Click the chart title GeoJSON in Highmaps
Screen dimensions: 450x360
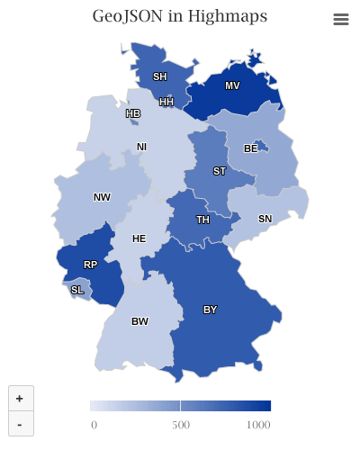coord(180,17)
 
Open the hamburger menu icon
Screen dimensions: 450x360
coord(340,20)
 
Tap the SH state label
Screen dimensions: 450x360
coord(159,76)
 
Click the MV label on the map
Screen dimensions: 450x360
coord(232,86)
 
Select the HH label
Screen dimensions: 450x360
coord(166,103)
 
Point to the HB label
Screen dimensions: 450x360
coord(133,114)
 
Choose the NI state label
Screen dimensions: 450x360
coord(141,147)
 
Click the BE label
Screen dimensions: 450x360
coord(250,148)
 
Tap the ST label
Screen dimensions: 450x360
coord(220,171)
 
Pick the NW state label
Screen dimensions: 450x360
coord(102,197)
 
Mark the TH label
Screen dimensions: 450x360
coord(203,220)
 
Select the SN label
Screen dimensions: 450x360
coord(265,219)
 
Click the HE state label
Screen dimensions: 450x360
coord(139,239)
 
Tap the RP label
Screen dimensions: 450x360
coord(90,265)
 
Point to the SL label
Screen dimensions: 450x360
coord(77,290)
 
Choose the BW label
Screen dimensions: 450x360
coord(139,321)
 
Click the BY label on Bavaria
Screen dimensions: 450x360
coord(210,310)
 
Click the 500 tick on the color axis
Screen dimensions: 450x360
coord(181,424)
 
